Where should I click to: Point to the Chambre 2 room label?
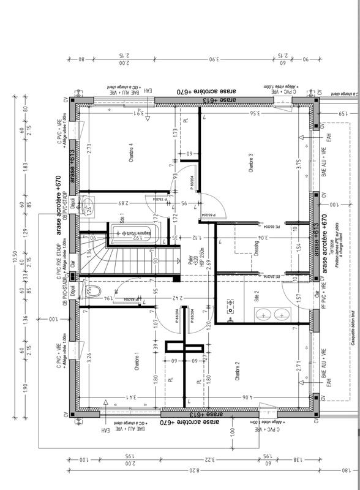(236, 372)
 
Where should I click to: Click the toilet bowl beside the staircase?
(94, 290)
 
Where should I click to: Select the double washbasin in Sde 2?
(273, 315)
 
